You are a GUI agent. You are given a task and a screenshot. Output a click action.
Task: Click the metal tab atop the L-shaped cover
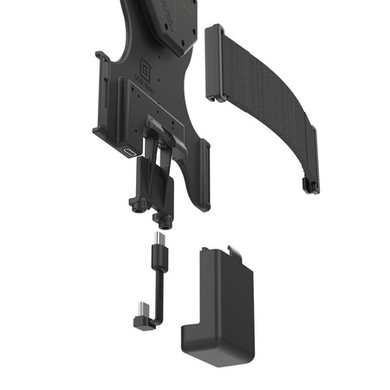(x=229, y=250)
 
